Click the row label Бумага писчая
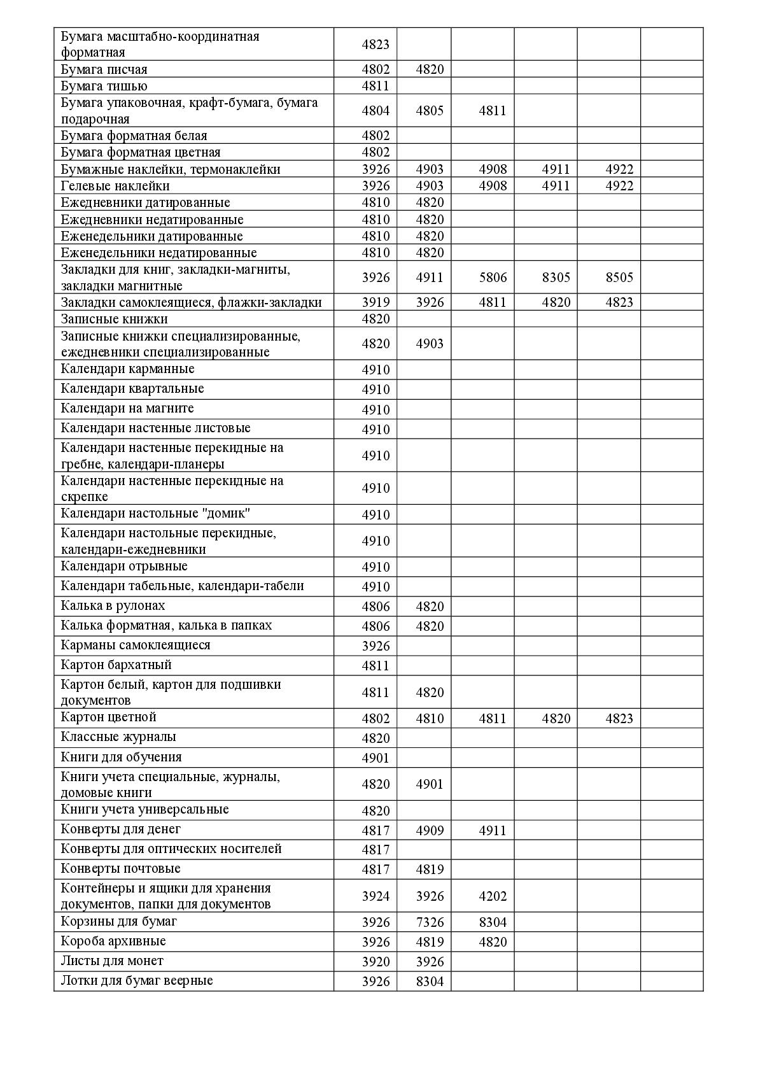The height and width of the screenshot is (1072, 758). pyautogui.click(x=104, y=69)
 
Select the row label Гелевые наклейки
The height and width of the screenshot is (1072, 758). pyautogui.click(x=115, y=186)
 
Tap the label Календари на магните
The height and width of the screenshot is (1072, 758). pyautogui.click(x=127, y=408)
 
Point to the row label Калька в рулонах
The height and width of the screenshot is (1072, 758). pyautogui.click(x=113, y=605)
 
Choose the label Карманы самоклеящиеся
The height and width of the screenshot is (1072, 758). pyautogui.click(x=136, y=645)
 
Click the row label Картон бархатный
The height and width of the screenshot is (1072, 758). pyautogui.click(x=116, y=665)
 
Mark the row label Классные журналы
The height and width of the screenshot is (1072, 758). pyautogui.click(x=118, y=737)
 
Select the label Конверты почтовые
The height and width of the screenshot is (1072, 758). pyautogui.click(x=120, y=868)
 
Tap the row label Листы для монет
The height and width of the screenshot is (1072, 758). pyautogui.click(x=112, y=961)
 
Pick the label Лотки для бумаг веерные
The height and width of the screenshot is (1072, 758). pyautogui.click(x=137, y=980)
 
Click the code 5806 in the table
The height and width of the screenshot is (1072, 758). pyautogui.click(x=493, y=278)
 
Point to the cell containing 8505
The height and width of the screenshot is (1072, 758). pyautogui.click(x=619, y=278)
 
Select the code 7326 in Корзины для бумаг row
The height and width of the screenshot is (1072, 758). pyautogui.click(x=430, y=922)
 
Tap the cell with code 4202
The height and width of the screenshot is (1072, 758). pyautogui.click(x=493, y=896)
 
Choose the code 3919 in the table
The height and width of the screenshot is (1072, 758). pyautogui.click(x=375, y=302)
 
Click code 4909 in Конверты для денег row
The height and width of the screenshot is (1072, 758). pyautogui.click(x=430, y=830)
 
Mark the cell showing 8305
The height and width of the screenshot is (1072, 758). pyautogui.click(x=556, y=278)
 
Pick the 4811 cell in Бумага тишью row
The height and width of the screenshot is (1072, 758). pyautogui.click(x=375, y=86)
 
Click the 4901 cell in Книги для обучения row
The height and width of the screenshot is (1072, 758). pyautogui.click(x=375, y=758)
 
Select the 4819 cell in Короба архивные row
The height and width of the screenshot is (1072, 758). pyautogui.click(x=430, y=942)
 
